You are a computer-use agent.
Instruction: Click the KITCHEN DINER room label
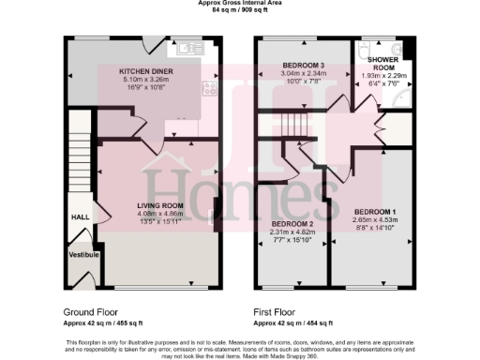tap(145, 71)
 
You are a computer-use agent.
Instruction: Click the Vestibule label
tap(81, 253)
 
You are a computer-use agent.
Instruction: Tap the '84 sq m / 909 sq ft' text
tap(240, 9)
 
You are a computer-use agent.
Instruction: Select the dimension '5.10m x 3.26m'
tap(145, 79)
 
